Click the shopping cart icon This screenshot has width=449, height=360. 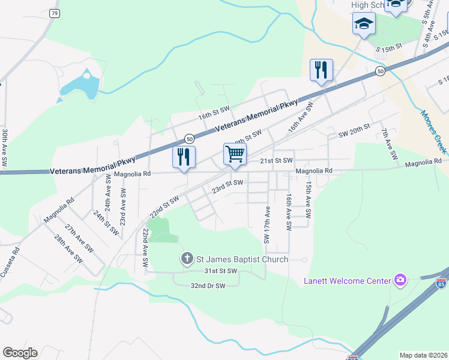click(x=235, y=154)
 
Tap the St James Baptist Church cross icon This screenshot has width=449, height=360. click(x=187, y=259)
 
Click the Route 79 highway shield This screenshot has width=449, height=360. click(x=55, y=13)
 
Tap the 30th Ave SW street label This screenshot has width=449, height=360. click(x=5, y=148)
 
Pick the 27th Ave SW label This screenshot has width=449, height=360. click(x=79, y=238)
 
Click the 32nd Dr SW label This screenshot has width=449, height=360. click(x=207, y=286)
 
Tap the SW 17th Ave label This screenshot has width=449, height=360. click(x=267, y=225)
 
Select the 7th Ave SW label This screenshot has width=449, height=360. click(x=389, y=144)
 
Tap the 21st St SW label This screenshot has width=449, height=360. click(x=276, y=161)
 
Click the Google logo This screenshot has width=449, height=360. click(x=20, y=353)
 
